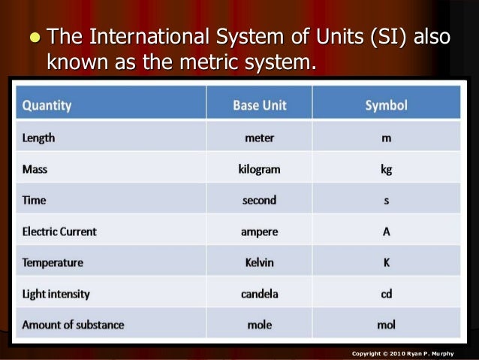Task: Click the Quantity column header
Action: click(x=47, y=105)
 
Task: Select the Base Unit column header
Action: click(x=259, y=105)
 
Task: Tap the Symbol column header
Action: click(x=386, y=105)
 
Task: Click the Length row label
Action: click(x=38, y=138)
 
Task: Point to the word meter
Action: click(x=259, y=138)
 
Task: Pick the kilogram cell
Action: click(x=259, y=169)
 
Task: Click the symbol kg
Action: click(x=386, y=169)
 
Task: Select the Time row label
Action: click(x=35, y=201)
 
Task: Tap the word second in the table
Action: click(x=259, y=201)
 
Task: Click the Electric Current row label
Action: click(x=59, y=231)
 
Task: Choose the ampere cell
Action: click(x=259, y=231)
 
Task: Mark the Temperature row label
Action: click(x=53, y=263)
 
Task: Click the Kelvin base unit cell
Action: click(x=259, y=263)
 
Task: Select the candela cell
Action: click(x=259, y=294)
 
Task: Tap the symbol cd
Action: click(x=386, y=294)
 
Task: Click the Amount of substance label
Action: click(x=73, y=325)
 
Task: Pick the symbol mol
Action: click(x=386, y=325)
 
